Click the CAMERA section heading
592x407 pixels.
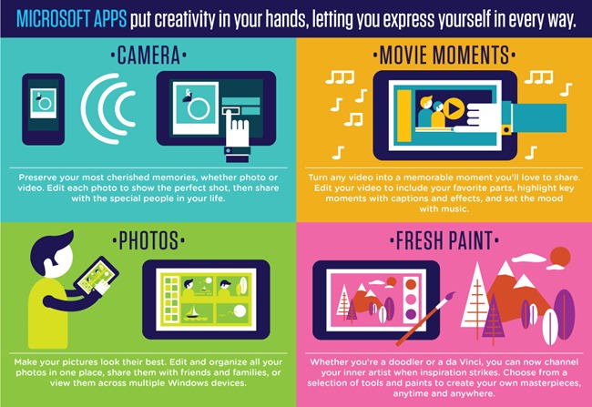tap(148, 56)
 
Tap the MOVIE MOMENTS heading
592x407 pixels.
tap(444, 56)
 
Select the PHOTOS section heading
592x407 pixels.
tap(148, 240)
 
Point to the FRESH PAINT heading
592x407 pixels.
tap(444, 240)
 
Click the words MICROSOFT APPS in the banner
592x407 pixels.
tap(72, 19)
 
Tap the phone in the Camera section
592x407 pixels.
tap(43, 109)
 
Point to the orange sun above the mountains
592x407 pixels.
tap(560, 257)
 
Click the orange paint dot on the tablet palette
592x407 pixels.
tap(411, 284)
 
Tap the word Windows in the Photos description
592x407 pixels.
tap(187, 382)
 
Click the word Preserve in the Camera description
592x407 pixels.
tap(36, 178)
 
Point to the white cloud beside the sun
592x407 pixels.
tap(528, 259)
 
